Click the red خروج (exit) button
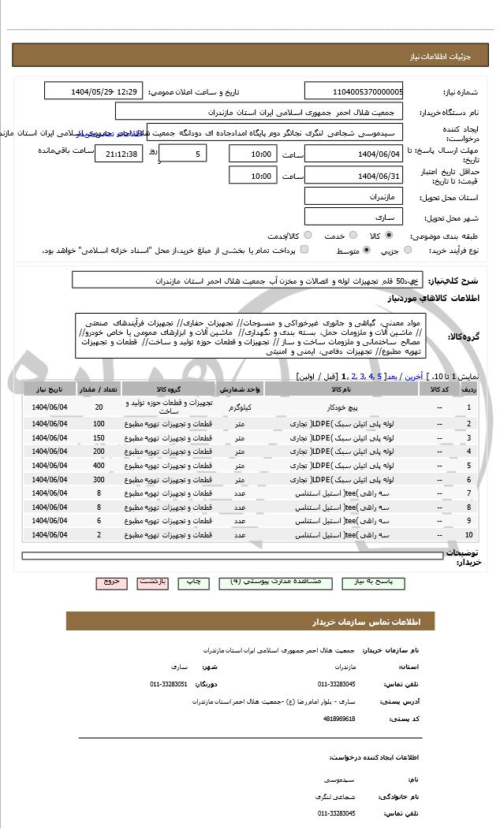click(x=111, y=582)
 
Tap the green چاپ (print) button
click(x=193, y=582)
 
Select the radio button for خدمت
click(x=351, y=236)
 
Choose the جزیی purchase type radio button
click(x=408, y=250)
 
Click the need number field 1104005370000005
click(x=353, y=91)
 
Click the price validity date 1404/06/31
click(x=353, y=176)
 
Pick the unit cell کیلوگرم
click(x=239, y=407)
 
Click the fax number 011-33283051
click(x=168, y=684)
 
